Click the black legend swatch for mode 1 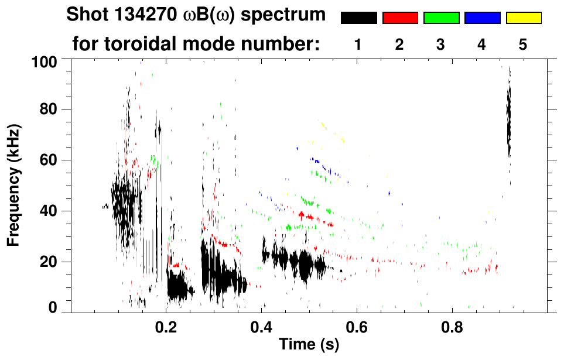(358, 18)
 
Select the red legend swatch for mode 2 (400, 18)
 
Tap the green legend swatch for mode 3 (441, 18)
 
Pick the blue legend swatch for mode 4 (482, 18)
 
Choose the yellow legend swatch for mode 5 (524, 18)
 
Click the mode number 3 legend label (441, 44)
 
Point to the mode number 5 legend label (524, 44)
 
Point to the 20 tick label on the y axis (51, 262)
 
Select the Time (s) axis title (309, 345)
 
